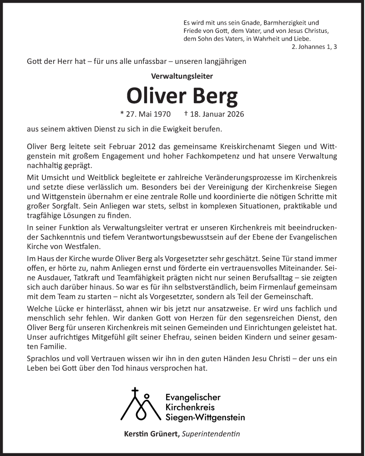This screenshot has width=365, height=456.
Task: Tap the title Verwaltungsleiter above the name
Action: [182, 77]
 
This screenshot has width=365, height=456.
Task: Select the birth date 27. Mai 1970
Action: [146, 114]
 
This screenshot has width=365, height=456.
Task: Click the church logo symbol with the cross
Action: [140, 404]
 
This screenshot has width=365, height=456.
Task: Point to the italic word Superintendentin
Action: [210, 434]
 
